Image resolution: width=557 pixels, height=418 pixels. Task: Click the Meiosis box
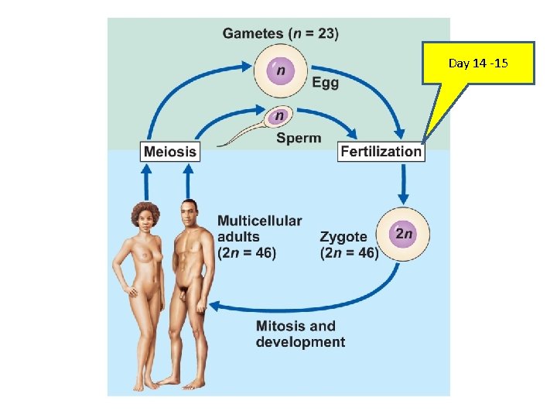pyautogui.click(x=170, y=152)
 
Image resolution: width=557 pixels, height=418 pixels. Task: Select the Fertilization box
pyautogui.click(x=381, y=152)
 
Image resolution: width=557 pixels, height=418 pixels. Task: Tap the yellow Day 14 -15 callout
pyautogui.click(x=478, y=63)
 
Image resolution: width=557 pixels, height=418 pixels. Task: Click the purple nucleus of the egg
pyautogui.click(x=281, y=71)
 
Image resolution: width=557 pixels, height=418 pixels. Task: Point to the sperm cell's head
pyautogui.click(x=279, y=116)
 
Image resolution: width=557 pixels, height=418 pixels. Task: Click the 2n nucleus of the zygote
pyautogui.click(x=403, y=234)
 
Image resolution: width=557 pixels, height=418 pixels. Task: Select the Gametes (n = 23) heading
pyautogui.click(x=281, y=33)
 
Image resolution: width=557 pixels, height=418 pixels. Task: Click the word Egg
pyautogui.click(x=326, y=83)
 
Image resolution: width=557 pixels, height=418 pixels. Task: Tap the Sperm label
pyautogui.click(x=299, y=138)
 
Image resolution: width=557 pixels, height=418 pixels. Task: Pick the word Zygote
pyautogui.click(x=343, y=237)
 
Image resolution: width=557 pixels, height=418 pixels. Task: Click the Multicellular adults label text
pyautogui.click(x=260, y=237)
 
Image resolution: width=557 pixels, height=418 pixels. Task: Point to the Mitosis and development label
pyautogui.click(x=300, y=334)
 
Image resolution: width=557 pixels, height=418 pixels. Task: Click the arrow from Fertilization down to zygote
pyautogui.click(x=403, y=184)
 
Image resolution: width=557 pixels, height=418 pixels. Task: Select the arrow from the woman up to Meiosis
pyautogui.click(x=146, y=182)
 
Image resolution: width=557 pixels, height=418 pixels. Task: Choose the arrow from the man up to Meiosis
pyautogui.click(x=188, y=182)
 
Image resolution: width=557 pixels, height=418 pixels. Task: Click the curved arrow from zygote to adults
pyautogui.click(x=313, y=305)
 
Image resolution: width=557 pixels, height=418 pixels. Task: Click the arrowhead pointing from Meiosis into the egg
pyautogui.click(x=247, y=66)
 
